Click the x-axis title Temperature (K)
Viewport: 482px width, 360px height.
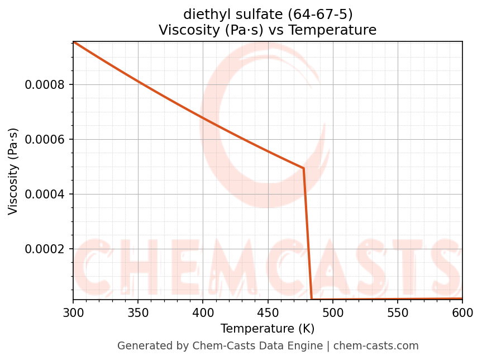268,328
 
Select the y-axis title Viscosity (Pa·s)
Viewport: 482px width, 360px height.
13,171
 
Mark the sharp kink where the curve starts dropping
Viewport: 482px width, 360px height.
303,168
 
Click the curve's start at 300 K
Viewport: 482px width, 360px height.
74,42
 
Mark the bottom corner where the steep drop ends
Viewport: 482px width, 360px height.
312,299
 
